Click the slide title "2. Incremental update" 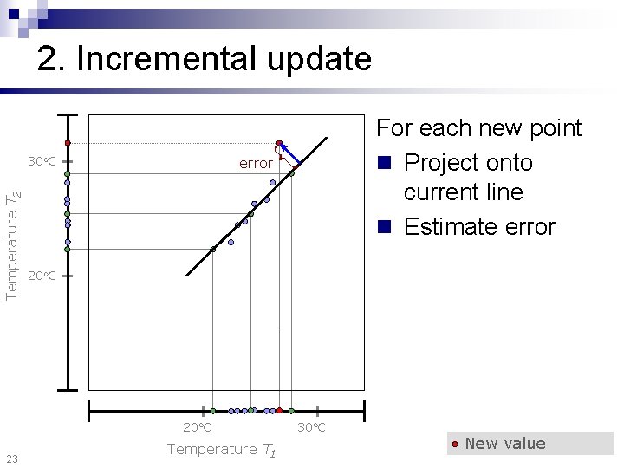(x=204, y=59)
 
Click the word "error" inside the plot (x=256, y=163)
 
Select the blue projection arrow (x=290, y=154)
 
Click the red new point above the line (x=279, y=143)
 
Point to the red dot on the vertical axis (x=67, y=143)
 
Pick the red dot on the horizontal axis (x=279, y=410)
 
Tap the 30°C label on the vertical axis (x=42, y=162)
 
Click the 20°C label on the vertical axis (x=42, y=276)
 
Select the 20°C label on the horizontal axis (x=197, y=427)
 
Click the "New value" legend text (x=505, y=444)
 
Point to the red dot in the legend (x=455, y=444)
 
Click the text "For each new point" (x=478, y=128)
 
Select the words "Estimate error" (x=479, y=227)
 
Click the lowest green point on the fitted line (x=213, y=250)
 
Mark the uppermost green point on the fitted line (x=291, y=173)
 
